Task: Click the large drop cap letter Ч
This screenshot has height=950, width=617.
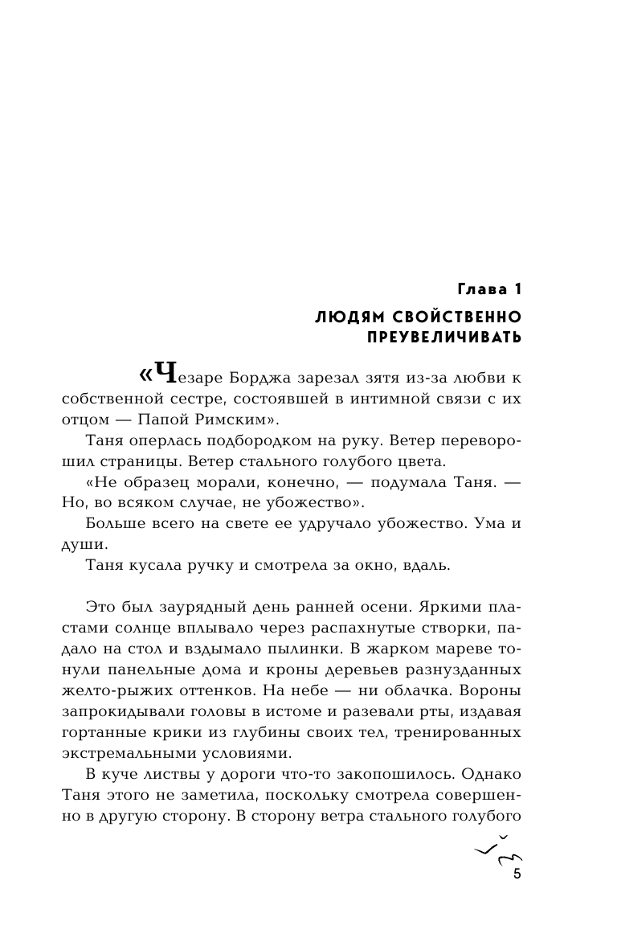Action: click(x=164, y=375)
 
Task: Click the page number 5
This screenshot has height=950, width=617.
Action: click(x=517, y=875)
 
